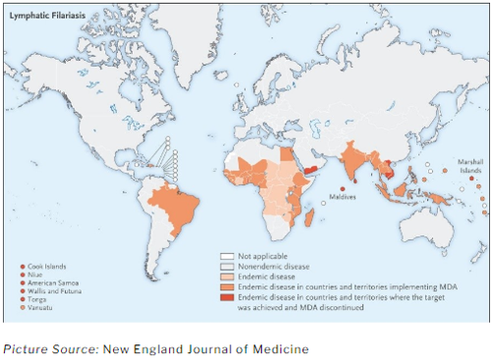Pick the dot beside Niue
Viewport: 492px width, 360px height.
click(x=23, y=274)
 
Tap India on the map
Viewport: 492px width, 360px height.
click(x=349, y=157)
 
